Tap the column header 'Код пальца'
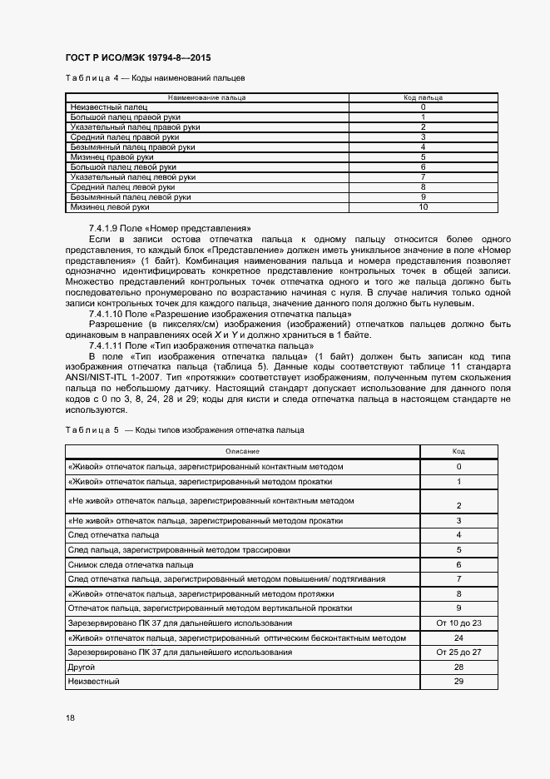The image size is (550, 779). coord(423,97)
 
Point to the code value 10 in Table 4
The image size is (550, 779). coord(423,206)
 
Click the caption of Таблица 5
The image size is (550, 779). coord(184,429)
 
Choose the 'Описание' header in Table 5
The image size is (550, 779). coord(242,451)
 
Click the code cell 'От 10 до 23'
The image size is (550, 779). coord(458,623)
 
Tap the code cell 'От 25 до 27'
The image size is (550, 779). coord(458,652)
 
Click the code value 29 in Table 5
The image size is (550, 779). coord(458,682)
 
